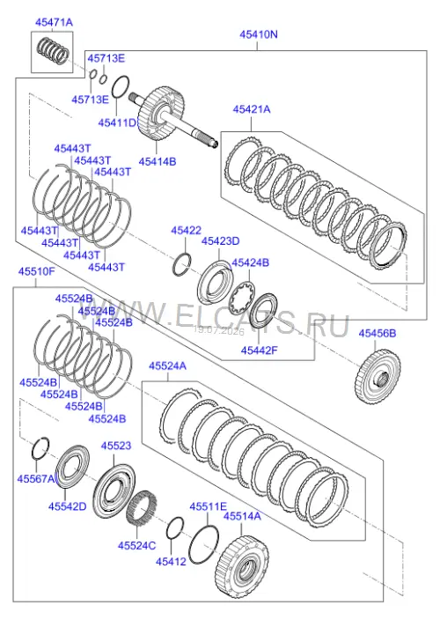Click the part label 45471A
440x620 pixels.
[54, 23]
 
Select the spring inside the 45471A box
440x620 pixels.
[53, 50]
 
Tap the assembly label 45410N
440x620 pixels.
[259, 34]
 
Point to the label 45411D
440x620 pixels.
[117, 122]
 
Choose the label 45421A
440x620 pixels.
[252, 109]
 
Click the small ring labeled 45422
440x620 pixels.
[182, 263]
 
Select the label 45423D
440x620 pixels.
[220, 240]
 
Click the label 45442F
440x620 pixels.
[260, 350]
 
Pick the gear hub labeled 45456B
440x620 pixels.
[378, 377]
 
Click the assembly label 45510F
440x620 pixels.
[37, 271]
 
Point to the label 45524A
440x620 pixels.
[167, 366]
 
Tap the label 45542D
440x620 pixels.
[67, 506]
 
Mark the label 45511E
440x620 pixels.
[209, 506]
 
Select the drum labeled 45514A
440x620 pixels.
[243, 565]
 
